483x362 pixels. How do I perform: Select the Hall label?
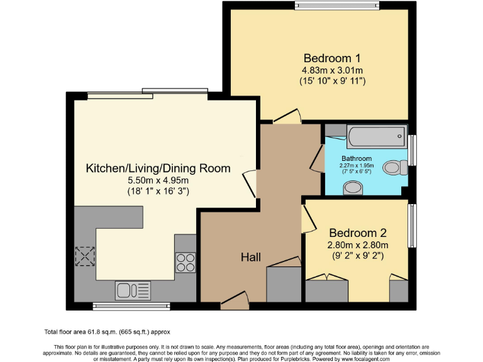pyautogui.click(x=251, y=256)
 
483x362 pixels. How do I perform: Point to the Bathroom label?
pyautogui.click(x=357, y=158)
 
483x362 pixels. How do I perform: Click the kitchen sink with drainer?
pyautogui.click(x=133, y=290)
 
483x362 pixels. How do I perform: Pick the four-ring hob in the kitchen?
pyautogui.click(x=185, y=261)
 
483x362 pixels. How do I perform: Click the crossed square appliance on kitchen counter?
pyautogui.click(x=84, y=256)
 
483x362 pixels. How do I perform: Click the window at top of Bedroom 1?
pyautogui.click(x=338, y=6)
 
